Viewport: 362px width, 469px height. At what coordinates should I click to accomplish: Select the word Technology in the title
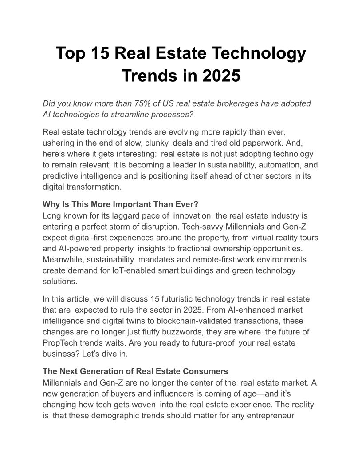tap(258, 54)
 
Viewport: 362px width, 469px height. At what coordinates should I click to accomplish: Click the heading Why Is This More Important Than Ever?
tap(120, 204)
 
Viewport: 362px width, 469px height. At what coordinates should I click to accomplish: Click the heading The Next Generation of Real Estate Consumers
tap(135, 371)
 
